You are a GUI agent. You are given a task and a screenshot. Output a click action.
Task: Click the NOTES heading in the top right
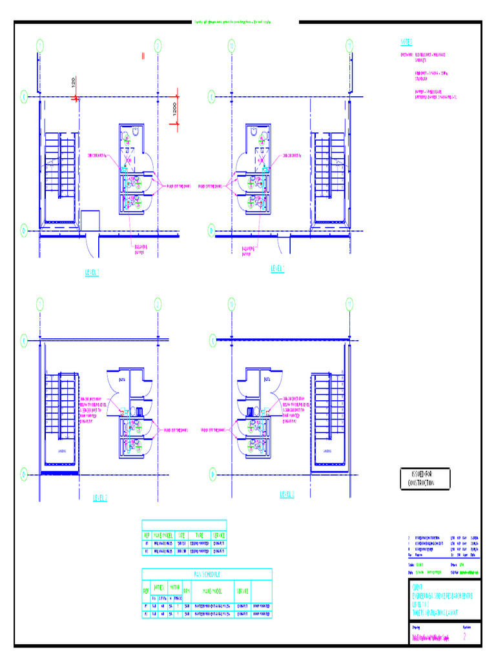pos(406,42)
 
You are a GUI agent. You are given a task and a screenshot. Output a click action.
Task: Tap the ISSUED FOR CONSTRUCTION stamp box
pos(426,479)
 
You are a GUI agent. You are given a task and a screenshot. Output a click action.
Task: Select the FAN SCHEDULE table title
pos(207,574)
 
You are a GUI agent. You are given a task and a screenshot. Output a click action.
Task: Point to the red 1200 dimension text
pos(173,110)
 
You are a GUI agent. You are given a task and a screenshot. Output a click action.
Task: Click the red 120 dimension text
pos(74,83)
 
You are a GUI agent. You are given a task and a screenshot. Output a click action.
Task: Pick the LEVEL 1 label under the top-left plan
pos(93,273)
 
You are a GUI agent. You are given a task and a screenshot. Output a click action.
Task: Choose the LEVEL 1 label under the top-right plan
pos(278,269)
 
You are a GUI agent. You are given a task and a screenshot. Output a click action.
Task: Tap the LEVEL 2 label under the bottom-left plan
pos(99,498)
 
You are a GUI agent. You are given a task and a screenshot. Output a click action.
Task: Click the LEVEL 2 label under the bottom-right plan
pos(287,494)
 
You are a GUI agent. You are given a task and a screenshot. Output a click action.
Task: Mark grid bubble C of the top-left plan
pos(24,97)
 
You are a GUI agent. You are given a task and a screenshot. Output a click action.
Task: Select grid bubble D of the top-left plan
pos(24,229)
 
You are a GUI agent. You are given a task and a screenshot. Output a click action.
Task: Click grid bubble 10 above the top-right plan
pos(231,45)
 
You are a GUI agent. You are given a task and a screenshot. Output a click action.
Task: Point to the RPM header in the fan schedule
pos(186,591)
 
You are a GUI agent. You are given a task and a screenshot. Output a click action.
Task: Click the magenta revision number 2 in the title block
pos(465,638)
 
